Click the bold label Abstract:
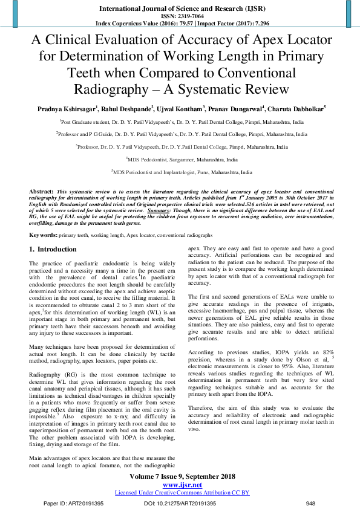[x=41, y=190]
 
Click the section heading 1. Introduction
[x=53, y=249]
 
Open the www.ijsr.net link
[x=182, y=485]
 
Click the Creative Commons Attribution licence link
[x=182, y=493]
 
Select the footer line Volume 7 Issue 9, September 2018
[x=182, y=476]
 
